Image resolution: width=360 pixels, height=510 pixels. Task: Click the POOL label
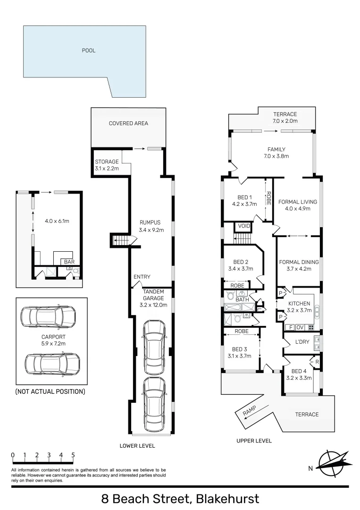[89, 51]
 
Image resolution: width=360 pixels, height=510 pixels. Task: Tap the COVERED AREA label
[128, 123]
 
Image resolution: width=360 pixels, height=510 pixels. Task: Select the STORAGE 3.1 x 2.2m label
[107, 165]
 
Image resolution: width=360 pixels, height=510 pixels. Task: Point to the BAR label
[69, 261]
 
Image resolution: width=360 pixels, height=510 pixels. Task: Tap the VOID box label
[244, 226]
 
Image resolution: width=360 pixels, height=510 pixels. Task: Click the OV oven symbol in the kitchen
[300, 327]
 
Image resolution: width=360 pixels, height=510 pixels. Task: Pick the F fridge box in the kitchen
[290, 327]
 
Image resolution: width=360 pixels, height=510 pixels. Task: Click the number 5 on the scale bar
[73, 455]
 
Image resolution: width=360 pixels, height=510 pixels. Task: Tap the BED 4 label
[299, 371]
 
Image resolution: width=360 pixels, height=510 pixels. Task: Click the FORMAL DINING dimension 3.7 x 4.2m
[299, 269]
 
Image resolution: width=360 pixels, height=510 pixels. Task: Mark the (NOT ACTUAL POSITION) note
[50, 391]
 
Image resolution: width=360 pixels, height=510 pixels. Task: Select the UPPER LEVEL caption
[254, 441]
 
